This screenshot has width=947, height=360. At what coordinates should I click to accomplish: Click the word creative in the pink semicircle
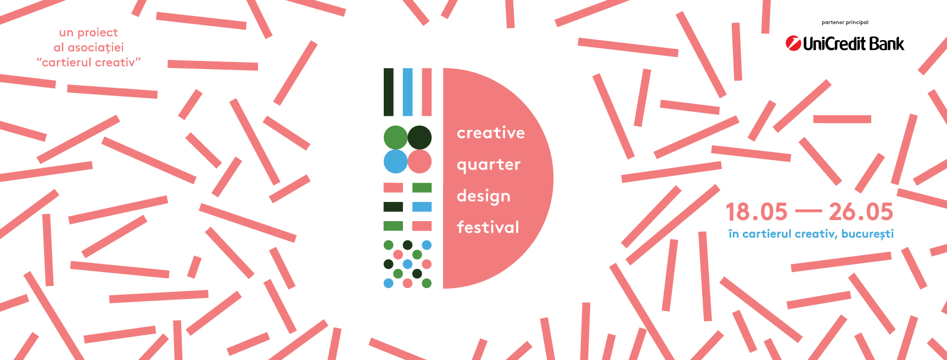[491, 133]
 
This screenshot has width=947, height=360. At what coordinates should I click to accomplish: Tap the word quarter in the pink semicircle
[489, 165]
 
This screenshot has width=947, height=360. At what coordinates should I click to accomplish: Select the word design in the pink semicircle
[484, 196]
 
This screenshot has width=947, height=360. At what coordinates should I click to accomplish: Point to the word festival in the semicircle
[488, 227]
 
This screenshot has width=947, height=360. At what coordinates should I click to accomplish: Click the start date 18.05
[757, 212]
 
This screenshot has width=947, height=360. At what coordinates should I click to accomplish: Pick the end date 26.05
[861, 212]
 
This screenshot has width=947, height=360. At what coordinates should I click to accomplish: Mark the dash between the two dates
[808, 211]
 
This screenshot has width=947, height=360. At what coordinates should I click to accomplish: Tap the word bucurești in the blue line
[867, 234]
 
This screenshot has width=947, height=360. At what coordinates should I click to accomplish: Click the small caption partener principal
[845, 22]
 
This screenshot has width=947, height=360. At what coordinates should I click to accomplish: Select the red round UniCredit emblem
[793, 43]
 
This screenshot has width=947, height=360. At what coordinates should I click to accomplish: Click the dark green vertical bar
[389, 92]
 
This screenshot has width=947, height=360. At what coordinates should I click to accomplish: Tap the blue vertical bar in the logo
[407, 92]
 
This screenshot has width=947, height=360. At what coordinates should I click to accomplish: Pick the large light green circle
[395, 138]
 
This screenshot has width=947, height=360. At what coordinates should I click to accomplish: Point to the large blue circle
[395, 162]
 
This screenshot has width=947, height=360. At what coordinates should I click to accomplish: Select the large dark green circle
[419, 138]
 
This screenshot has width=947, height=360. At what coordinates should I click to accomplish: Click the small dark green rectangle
[393, 207]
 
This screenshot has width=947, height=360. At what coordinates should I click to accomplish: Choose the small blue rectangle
[422, 207]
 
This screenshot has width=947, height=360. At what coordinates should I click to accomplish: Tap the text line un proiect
[88, 33]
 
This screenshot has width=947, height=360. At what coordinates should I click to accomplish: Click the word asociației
[96, 48]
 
